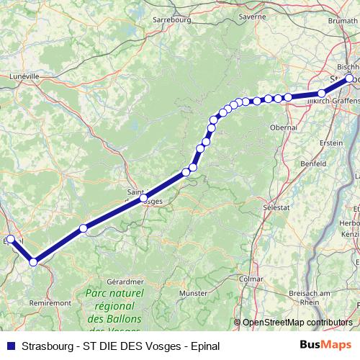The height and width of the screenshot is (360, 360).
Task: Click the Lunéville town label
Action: [x=24, y=74]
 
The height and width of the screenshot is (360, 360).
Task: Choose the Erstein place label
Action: [x=331, y=143]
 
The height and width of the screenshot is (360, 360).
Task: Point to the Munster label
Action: [x=194, y=294]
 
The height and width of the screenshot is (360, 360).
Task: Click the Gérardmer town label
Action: [x=120, y=281]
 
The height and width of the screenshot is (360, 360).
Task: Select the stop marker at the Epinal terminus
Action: [x=10, y=240]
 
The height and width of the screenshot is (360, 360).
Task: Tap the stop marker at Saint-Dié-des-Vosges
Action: [x=143, y=198]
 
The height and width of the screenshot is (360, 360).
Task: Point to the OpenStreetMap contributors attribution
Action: [x=297, y=323]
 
